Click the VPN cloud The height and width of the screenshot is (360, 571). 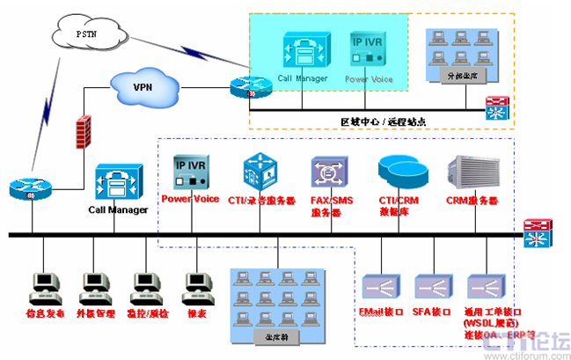143,87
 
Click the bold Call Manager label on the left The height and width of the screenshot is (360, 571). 116,211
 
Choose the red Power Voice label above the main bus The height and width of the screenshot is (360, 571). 190,199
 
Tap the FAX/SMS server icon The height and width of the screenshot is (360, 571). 326,170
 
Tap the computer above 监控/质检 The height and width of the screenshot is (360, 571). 145,284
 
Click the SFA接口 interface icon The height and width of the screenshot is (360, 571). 431,285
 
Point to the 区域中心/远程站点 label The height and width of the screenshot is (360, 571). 383,121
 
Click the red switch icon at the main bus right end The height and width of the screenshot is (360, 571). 536,234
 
